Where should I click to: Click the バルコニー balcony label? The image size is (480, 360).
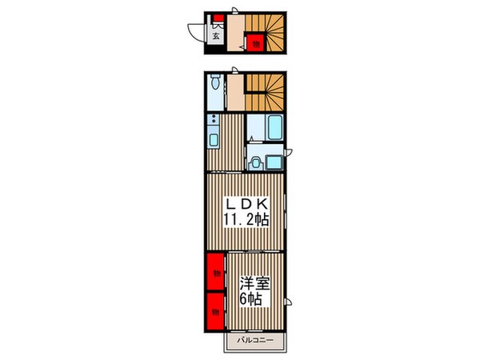pyautogui.click(x=254, y=342)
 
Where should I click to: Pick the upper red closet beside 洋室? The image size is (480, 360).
pyautogui.click(x=216, y=273)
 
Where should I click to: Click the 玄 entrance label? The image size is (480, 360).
pyautogui.click(x=216, y=34)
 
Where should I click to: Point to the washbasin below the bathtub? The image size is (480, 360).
pyautogui.click(x=255, y=162)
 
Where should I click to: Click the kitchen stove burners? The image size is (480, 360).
pyautogui.click(x=214, y=122)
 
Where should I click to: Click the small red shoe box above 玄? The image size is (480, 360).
pyautogui.click(x=215, y=19)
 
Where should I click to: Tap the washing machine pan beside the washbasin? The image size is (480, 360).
pyautogui.click(x=273, y=162)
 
